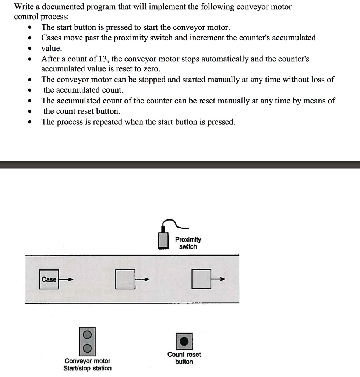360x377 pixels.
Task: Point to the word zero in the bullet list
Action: coord(151,69)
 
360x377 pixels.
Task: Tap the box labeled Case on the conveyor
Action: coord(49,279)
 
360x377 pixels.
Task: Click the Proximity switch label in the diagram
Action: coord(188,243)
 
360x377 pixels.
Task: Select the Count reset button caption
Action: coord(184,358)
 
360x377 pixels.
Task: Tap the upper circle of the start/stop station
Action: coord(87,335)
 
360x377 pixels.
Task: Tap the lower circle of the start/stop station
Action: coord(87,348)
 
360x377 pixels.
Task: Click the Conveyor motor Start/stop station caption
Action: coord(87,364)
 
